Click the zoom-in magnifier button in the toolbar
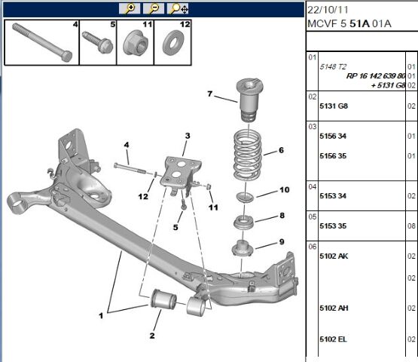point(130,8)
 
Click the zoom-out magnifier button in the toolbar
point(154,8)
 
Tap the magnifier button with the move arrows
point(178,8)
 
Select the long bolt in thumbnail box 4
point(42,42)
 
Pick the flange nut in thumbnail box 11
point(136,42)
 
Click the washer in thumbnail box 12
point(172,43)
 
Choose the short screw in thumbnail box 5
point(98,42)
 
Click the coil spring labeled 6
point(247,155)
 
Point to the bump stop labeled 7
point(249,100)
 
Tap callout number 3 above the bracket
point(188,136)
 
